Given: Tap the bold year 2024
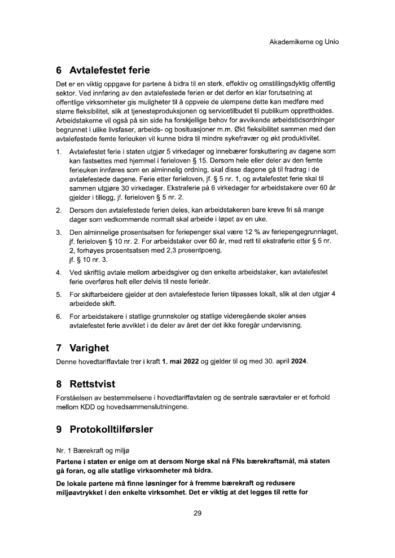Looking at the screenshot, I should [297, 361].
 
